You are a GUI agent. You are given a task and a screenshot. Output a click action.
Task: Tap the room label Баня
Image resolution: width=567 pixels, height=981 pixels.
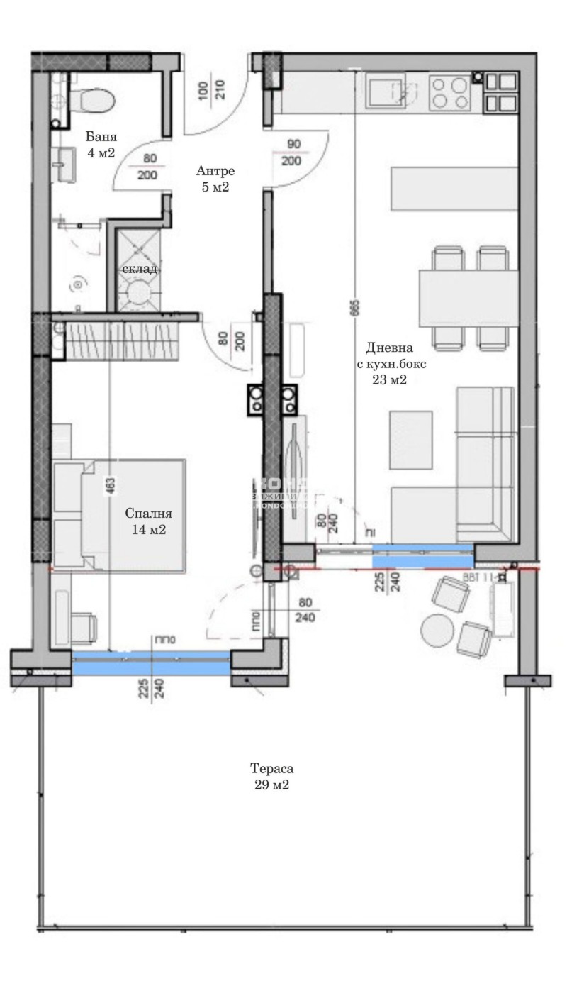(x=101, y=138)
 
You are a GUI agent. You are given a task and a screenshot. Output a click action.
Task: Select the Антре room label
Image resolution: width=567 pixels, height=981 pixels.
(x=215, y=171)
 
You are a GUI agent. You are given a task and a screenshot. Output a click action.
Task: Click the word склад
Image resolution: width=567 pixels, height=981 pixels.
(x=140, y=270)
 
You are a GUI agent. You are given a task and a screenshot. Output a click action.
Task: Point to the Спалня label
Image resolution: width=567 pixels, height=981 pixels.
(x=149, y=514)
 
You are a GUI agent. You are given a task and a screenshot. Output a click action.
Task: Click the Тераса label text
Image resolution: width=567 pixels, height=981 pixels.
(x=271, y=769)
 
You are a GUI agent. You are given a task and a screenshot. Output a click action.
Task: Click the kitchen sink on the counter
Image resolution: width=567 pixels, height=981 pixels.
(x=388, y=92)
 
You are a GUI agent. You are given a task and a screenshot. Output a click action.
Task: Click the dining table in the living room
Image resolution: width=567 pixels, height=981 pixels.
(x=464, y=297)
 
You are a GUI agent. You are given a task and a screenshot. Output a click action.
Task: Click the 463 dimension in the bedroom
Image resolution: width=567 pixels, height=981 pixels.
(x=111, y=485)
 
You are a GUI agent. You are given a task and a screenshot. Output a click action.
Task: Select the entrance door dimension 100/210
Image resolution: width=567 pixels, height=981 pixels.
(x=212, y=89)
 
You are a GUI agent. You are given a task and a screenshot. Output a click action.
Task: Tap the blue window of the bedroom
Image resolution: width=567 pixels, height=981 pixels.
(x=151, y=663)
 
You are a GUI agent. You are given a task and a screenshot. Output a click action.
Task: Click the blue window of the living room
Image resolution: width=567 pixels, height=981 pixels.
(x=422, y=555)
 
